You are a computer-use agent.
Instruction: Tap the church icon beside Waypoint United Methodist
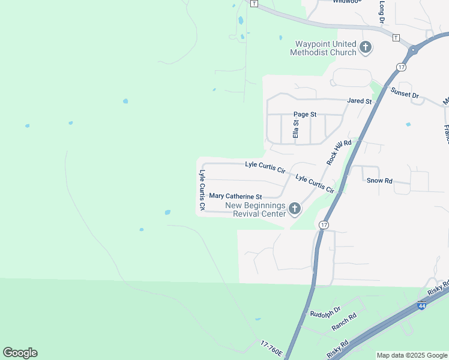(366, 47)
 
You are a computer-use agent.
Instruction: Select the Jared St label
(360, 101)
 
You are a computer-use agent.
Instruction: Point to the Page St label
(304, 114)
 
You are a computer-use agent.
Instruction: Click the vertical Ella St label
(295, 129)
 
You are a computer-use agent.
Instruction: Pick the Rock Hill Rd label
(338, 151)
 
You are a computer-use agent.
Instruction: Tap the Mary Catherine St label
(235, 196)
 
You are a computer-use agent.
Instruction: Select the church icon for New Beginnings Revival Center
(294, 209)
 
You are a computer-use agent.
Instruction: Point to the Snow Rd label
(379, 180)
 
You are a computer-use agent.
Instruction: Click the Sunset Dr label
(405, 94)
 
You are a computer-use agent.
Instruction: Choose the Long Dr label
(382, 12)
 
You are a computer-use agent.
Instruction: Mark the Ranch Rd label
(344, 322)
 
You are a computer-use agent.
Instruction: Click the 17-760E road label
(271, 347)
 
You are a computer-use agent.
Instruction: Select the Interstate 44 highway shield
(422, 305)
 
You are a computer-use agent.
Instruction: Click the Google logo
(20, 353)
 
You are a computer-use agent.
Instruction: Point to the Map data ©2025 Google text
(412, 355)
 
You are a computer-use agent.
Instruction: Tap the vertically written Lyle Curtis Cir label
(202, 190)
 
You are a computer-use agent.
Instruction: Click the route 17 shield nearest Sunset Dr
(401, 67)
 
